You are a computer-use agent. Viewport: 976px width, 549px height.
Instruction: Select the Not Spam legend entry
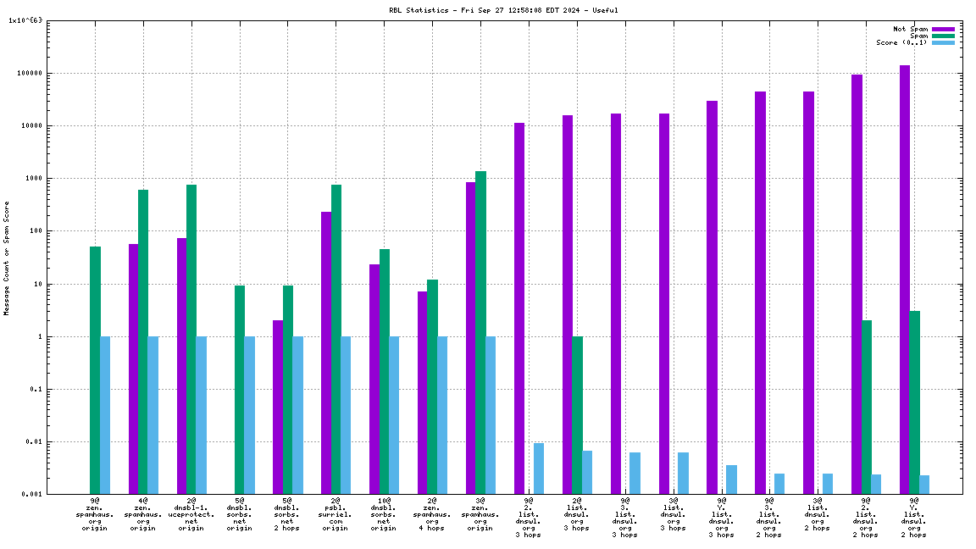click(x=911, y=29)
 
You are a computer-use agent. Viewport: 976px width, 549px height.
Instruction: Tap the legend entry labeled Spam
click(x=918, y=36)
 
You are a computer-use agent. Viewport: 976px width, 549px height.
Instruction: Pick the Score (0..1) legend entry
click(x=901, y=42)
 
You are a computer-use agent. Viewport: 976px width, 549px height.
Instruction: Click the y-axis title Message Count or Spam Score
click(x=7, y=258)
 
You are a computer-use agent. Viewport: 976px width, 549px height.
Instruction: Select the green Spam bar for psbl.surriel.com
click(x=336, y=339)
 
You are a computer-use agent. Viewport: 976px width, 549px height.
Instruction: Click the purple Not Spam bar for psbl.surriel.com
click(x=326, y=352)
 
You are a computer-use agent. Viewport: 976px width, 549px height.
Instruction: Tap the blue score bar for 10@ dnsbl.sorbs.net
click(x=394, y=415)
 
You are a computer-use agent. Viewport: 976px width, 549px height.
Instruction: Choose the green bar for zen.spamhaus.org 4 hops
click(x=432, y=386)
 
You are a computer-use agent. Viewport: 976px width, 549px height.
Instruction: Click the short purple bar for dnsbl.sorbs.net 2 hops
click(x=278, y=407)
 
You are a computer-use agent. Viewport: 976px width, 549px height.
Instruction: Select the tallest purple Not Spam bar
click(x=905, y=280)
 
